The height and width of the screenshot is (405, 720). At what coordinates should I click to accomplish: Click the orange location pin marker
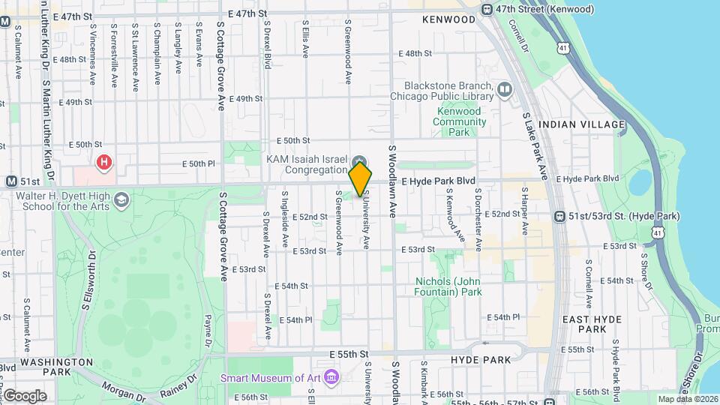click(x=361, y=178)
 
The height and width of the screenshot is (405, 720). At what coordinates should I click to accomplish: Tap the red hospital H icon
click(x=103, y=161)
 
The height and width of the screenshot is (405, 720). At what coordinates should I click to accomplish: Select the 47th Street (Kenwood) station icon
click(x=487, y=9)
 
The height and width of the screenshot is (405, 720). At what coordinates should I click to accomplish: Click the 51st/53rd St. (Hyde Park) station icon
click(x=559, y=216)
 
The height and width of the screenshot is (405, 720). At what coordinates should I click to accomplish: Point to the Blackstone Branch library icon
click(x=505, y=91)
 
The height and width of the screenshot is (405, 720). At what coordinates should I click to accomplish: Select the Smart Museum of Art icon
click(x=331, y=374)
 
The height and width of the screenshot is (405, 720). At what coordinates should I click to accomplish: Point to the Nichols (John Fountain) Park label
click(x=448, y=286)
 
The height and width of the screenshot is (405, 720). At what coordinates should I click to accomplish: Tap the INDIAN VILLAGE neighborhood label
click(x=581, y=124)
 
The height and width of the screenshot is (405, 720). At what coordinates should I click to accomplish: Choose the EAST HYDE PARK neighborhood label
click(x=592, y=324)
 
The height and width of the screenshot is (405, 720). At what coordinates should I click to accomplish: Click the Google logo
click(x=25, y=395)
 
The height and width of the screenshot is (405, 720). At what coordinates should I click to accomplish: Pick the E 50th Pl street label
click(x=199, y=163)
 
